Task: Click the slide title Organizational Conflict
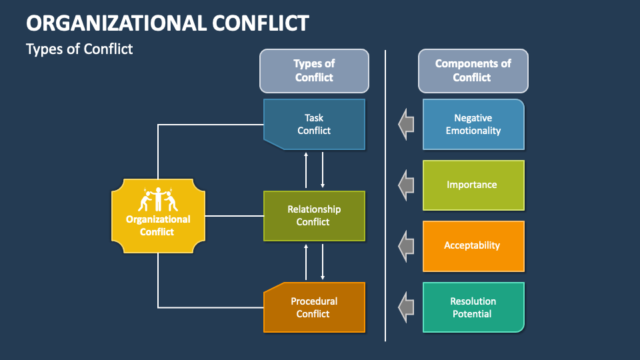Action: coord(167,23)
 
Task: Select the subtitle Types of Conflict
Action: coord(79,49)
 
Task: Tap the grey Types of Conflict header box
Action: coord(314,71)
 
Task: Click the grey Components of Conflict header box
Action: coord(473,71)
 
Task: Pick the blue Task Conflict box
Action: coord(314,124)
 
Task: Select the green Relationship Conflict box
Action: coord(314,215)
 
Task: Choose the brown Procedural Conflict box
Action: coord(314,307)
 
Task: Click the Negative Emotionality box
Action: coord(473,124)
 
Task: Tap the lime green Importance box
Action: coord(473,185)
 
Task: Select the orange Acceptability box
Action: coord(473,245)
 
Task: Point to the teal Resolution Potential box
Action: coord(473,307)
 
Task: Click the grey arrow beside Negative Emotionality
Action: coord(405,124)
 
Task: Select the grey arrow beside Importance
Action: coord(405,185)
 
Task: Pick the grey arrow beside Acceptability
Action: coord(405,245)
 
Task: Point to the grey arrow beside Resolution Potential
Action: coord(405,307)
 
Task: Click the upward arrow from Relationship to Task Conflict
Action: coord(306,170)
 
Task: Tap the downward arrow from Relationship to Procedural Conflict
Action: coord(323,261)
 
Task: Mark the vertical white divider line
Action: coord(385,200)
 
